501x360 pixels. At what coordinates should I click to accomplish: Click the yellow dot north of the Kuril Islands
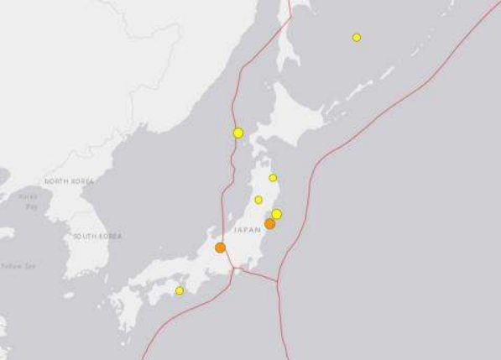(x=357, y=37)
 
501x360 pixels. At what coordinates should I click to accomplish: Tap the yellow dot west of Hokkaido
(x=238, y=133)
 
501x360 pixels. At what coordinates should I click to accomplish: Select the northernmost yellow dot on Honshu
(x=273, y=178)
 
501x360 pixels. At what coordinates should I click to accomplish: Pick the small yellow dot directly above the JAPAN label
(x=258, y=200)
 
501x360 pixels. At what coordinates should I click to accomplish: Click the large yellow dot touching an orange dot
(x=277, y=214)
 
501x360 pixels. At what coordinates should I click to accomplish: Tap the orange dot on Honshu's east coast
(x=269, y=224)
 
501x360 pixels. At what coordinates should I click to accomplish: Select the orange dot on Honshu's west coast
(x=220, y=248)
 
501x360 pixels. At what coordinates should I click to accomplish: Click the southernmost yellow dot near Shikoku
(x=180, y=290)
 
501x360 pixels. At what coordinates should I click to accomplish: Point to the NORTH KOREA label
(x=70, y=181)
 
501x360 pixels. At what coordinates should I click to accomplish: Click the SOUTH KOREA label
(x=97, y=237)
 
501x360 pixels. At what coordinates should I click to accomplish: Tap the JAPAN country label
(x=248, y=229)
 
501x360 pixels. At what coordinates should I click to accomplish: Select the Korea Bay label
(x=29, y=201)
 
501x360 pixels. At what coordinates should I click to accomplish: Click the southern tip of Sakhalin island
(x=288, y=63)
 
